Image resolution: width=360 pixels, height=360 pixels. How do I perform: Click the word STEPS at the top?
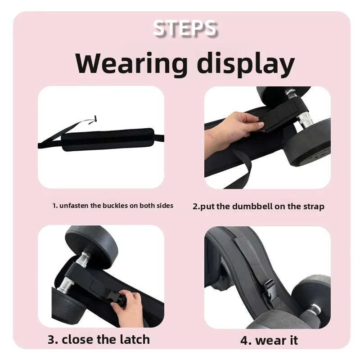184,28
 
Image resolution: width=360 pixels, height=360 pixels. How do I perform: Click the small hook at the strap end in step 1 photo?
94,120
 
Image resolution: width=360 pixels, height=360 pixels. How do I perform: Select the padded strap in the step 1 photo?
108,139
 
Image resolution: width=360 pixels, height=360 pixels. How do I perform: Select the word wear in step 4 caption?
270,341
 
